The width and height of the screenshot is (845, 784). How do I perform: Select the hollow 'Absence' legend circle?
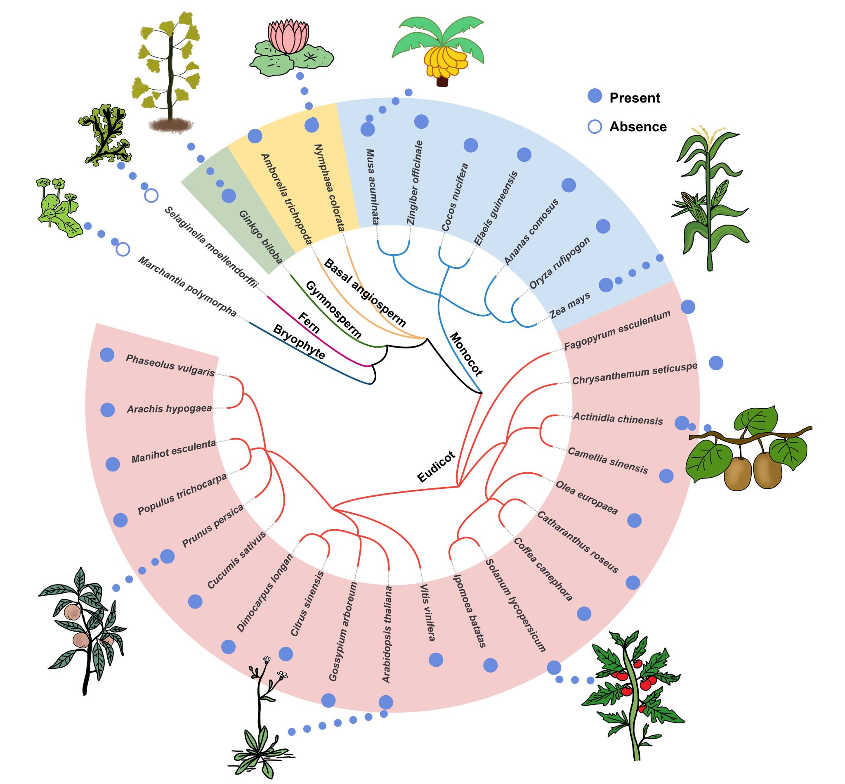pyautogui.click(x=595, y=126)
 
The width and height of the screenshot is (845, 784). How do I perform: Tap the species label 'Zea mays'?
pyautogui.click(x=569, y=306)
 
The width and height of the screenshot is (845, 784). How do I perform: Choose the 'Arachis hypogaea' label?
pyautogui.click(x=169, y=409)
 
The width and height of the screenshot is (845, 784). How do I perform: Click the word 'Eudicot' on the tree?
pyautogui.click(x=436, y=467)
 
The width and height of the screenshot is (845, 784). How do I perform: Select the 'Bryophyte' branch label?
pyautogui.click(x=299, y=342)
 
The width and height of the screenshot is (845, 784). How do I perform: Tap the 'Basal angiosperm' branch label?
pyautogui.click(x=365, y=293)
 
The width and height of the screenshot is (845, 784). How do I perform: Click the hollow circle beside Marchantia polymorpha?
pyautogui.click(x=123, y=249)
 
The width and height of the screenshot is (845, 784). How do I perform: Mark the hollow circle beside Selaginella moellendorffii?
pyautogui.click(x=151, y=196)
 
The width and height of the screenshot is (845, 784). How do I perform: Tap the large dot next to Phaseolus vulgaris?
pyautogui.click(x=107, y=355)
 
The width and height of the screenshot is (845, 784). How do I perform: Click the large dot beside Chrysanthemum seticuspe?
pyautogui.click(x=716, y=363)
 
